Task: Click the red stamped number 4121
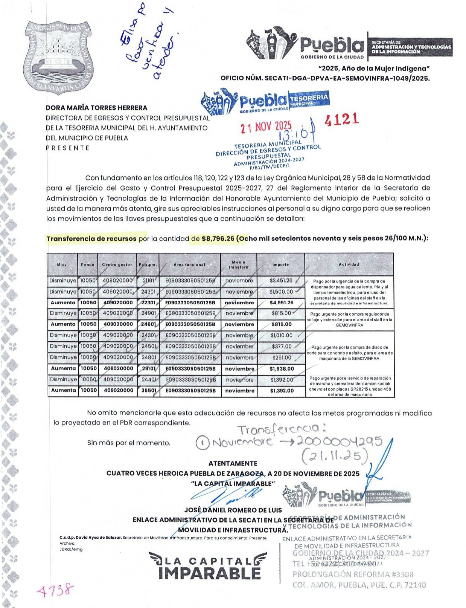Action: click(341, 119)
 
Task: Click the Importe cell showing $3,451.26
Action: click(281, 281)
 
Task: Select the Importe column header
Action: click(280, 264)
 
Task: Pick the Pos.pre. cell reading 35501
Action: click(149, 391)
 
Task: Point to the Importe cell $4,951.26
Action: click(281, 302)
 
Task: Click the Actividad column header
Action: click(349, 264)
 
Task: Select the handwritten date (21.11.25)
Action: click(335, 456)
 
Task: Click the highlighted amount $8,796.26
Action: click(218, 238)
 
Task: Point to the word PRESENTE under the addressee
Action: click(68, 148)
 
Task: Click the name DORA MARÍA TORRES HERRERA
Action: click(96, 108)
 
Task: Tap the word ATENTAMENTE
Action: click(233, 463)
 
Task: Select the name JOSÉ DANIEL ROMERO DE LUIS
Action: click(233, 510)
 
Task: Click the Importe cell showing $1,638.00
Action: click(282, 369)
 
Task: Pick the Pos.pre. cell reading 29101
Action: click(149, 368)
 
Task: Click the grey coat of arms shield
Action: click(59, 57)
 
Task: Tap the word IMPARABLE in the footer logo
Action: click(209, 573)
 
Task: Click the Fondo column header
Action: click(87, 264)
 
